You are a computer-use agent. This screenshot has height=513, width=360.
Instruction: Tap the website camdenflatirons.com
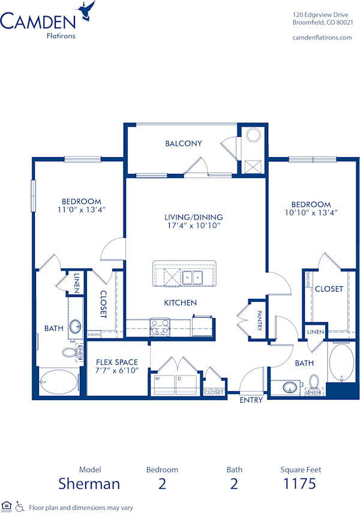[x=322, y=37]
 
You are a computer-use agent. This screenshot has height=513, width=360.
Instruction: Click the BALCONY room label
[x=184, y=143]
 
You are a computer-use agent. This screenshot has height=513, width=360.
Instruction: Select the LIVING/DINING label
[x=194, y=217]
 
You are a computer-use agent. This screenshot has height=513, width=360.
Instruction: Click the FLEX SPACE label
[x=117, y=362]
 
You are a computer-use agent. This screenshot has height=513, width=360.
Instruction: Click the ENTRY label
[x=251, y=400]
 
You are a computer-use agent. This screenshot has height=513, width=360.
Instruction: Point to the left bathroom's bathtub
[x=59, y=380]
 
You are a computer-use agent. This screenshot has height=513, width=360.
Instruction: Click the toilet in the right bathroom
[x=314, y=382]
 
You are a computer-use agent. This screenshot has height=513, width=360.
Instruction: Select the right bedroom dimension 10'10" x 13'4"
[x=308, y=213]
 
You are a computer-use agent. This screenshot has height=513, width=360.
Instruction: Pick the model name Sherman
[x=89, y=484]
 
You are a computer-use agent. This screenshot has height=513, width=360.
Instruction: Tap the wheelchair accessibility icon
[x=19, y=507]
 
